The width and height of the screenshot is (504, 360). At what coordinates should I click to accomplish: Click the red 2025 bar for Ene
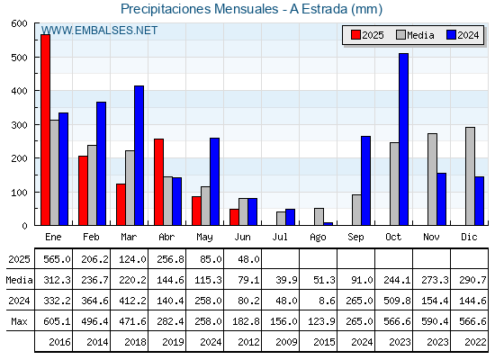tap(45, 130)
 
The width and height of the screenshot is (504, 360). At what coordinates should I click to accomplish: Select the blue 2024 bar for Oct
tap(403, 139)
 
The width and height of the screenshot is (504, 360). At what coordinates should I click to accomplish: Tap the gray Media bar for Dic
tap(470, 176)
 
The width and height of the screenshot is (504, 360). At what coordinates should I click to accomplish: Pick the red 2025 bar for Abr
tap(158, 182)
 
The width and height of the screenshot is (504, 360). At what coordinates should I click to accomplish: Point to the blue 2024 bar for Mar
tap(139, 156)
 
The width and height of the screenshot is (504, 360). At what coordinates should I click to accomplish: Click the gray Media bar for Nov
tap(432, 179)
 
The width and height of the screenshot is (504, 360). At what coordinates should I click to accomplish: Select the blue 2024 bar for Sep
tap(365, 181)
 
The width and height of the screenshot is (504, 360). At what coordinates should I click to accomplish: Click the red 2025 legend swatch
tap(355, 35)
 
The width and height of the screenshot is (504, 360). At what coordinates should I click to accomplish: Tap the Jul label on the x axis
tap(280, 237)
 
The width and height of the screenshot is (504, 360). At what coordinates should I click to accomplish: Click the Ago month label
tap(318, 238)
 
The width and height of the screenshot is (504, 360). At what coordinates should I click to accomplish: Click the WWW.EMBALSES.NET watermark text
tap(99, 31)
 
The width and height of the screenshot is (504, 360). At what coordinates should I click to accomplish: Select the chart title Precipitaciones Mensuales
tap(200, 9)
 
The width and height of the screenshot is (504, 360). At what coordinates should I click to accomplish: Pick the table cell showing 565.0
tap(57, 259)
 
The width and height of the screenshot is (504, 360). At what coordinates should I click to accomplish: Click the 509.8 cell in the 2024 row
tap(397, 301)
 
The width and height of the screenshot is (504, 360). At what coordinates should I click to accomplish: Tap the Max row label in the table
tap(19, 321)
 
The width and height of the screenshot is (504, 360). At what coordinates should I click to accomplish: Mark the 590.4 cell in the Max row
tap(435, 321)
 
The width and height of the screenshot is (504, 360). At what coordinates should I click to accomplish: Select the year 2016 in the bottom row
tap(59, 342)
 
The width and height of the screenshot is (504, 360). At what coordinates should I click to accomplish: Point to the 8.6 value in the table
tap(327, 301)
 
